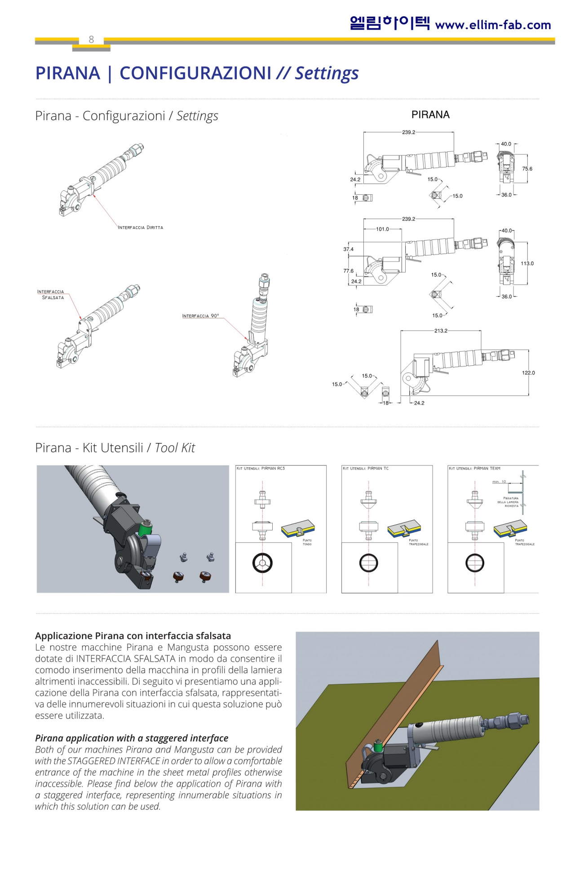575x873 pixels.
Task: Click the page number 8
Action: [91, 39]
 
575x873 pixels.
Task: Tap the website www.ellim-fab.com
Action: [493, 25]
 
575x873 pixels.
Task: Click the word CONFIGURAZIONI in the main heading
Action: [195, 73]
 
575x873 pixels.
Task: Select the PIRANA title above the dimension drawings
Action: [430, 115]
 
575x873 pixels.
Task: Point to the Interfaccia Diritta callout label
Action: [140, 228]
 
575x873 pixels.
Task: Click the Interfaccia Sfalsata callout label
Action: [51, 294]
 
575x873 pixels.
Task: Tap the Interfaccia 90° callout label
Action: [200, 316]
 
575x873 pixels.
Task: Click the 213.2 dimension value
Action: [440, 331]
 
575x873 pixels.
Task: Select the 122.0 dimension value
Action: [528, 373]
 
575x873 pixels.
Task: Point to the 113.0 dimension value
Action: [527, 263]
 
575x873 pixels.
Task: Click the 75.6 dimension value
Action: [527, 169]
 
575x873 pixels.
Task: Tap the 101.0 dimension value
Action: [382, 229]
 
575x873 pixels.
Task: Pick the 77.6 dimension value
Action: [348, 271]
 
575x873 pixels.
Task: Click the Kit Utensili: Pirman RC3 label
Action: [261, 469]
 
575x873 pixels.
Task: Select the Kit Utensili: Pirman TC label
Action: [366, 469]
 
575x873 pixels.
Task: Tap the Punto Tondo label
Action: [307, 542]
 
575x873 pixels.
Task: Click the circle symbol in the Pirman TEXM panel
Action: [475, 563]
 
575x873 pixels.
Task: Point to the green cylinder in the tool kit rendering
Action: [145, 529]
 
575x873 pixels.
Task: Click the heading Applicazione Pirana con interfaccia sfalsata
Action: [133, 636]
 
